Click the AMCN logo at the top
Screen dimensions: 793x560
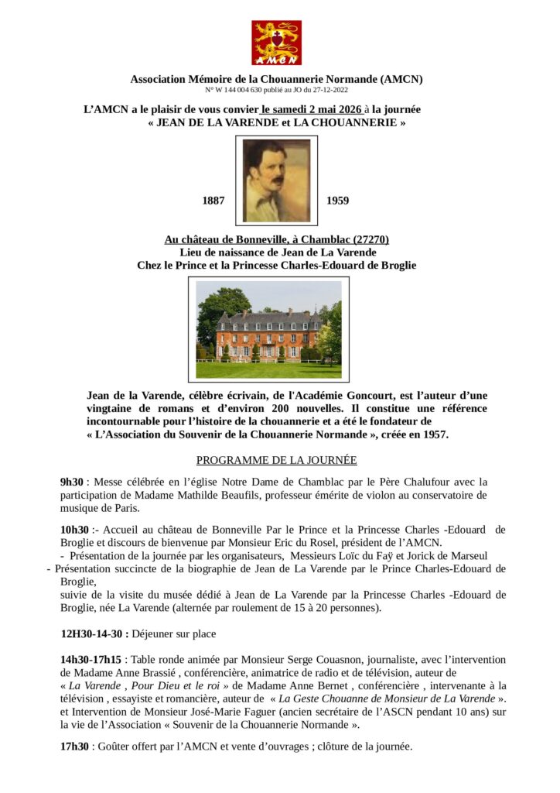click(276, 43)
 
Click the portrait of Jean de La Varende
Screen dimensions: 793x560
click(276, 180)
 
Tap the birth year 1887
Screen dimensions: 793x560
click(213, 201)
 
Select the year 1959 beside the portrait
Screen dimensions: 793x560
click(337, 201)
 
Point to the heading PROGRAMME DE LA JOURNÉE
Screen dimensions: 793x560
click(276, 460)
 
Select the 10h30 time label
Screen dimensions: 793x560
click(76, 530)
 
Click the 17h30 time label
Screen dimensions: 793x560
click(75, 747)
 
